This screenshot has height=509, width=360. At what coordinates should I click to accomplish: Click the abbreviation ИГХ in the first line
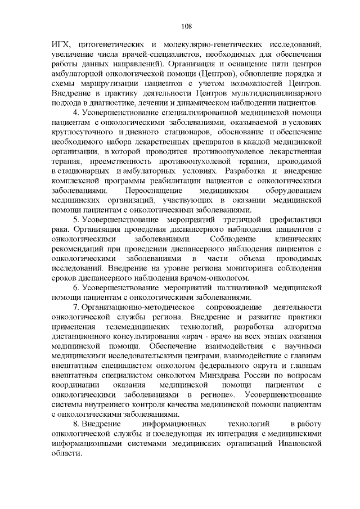59,43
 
